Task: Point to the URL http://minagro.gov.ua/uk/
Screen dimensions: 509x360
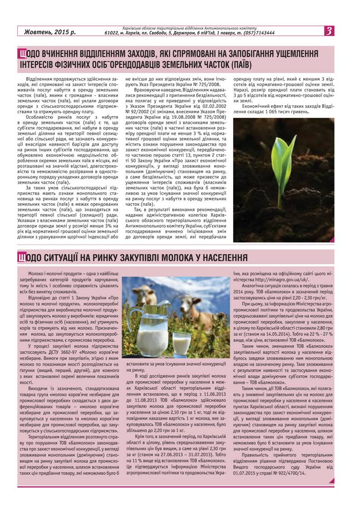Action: coord(282,280)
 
